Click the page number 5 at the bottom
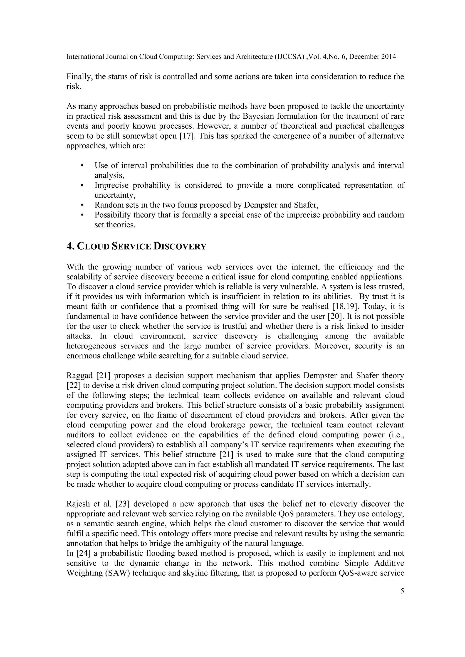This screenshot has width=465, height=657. pos(402,591)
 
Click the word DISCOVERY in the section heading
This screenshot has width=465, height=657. pos(180,246)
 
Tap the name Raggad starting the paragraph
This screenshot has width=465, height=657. pos(79,375)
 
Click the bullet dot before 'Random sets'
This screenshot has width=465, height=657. pos(82,205)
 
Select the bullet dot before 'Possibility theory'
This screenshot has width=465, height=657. pos(82,215)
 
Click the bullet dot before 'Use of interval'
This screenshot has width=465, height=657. pos(82,166)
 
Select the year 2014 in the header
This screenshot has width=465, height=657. pos(388,57)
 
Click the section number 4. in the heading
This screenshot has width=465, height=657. pos(70,246)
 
